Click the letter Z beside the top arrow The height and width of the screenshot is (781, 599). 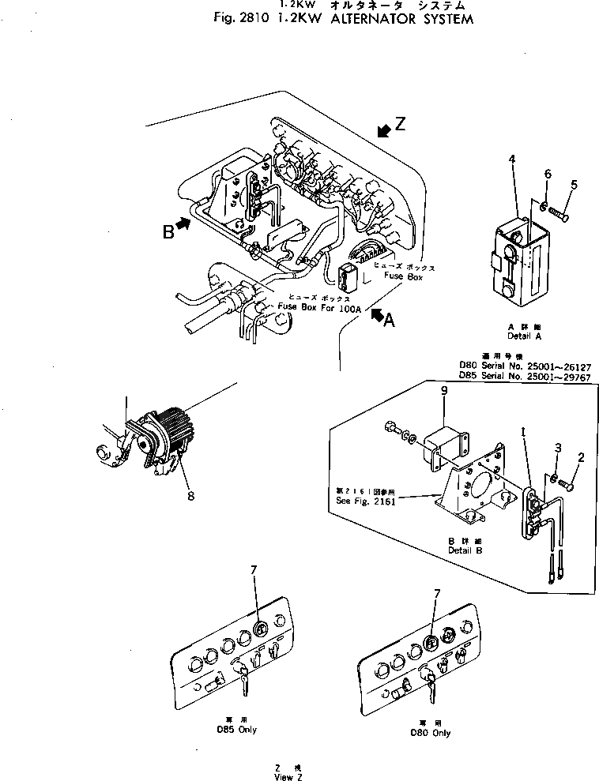tap(401, 125)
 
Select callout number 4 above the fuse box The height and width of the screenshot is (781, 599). tap(512, 160)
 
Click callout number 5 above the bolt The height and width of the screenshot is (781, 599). tap(574, 185)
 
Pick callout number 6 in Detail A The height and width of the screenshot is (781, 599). tap(546, 175)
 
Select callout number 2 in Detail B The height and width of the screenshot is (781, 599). tap(581, 456)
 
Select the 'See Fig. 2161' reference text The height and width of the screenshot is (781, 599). tap(364, 500)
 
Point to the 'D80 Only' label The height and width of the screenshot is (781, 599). tap(431, 733)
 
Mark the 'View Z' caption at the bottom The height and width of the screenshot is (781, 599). tap(284, 777)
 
